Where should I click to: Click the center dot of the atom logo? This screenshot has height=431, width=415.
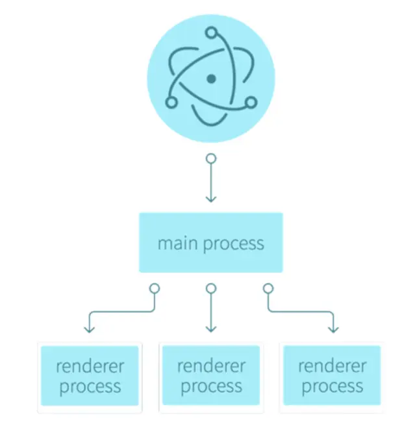(x=210, y=79)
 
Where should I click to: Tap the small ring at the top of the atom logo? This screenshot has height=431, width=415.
(x=210, y=32)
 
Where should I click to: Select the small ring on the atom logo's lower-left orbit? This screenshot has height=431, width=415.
(x=171, y=103)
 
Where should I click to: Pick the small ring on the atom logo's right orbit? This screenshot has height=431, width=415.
(x=251, y=101)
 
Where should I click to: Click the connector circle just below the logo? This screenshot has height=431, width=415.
(x=210, y=158)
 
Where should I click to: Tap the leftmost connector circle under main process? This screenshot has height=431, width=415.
(x=154, y=288)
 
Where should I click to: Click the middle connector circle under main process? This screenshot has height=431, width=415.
(x=210, y=288)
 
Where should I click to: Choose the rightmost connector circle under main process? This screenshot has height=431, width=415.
(x=268, y=288)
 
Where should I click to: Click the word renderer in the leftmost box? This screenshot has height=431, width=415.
(x=89, y=367)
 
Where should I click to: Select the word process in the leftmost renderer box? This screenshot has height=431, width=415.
(x=89, y=388)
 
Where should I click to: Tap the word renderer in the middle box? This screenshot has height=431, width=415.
(x=210, y=367)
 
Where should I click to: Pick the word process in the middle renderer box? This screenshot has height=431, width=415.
(x=210, y=388)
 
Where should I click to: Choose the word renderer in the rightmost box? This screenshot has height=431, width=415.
(x=332, y=367)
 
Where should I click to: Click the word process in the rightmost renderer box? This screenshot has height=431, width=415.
(x=332, y=388)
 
